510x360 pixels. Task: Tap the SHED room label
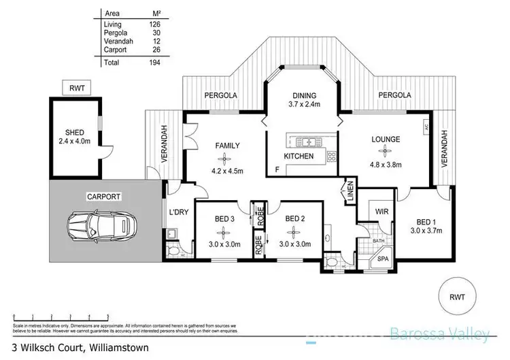click(74, 133)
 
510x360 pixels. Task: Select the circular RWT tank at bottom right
click(457, 296)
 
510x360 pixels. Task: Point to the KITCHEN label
click(299, 156)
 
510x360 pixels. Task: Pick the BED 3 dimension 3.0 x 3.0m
click(223, 244)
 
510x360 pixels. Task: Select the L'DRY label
click(178, 212)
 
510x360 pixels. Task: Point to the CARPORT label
click(103, 197)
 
